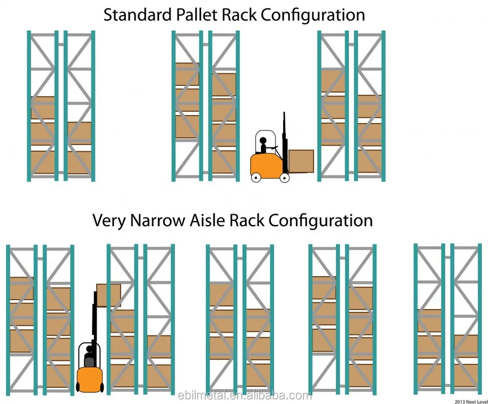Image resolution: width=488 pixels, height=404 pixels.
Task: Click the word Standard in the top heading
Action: [x=137, y=15]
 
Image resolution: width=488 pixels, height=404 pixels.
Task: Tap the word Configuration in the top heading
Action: [x=313, y=15]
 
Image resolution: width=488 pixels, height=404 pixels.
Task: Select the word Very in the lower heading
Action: [x=109, y=220]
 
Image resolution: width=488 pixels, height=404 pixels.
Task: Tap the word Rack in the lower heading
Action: [x=246, y=220]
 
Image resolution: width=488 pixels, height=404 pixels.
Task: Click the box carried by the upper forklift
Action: [x=301, y=161]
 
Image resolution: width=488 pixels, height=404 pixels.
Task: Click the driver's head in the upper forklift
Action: [x=263, y=141]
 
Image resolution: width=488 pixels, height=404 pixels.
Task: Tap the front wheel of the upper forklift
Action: [x=285, y=178]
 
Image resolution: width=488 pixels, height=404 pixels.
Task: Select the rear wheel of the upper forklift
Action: [x=256, y=178]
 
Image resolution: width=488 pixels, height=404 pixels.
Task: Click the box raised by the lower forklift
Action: [x=108, y=295]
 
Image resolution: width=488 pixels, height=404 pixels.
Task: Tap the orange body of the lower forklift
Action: [x=90, y=380]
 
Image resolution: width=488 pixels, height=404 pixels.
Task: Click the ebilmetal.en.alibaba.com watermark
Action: [x=244, y=395]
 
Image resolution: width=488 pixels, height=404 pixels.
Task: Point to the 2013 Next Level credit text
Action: [x=471, y=402]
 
